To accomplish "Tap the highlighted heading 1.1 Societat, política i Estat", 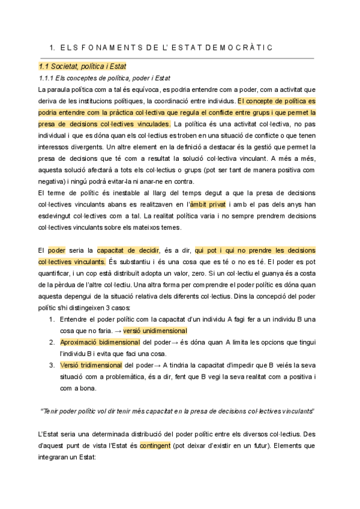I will (82, 66).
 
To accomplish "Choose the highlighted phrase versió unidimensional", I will (155, 331).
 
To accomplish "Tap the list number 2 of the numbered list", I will (52, 342).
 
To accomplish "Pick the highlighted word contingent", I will (154, 446).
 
